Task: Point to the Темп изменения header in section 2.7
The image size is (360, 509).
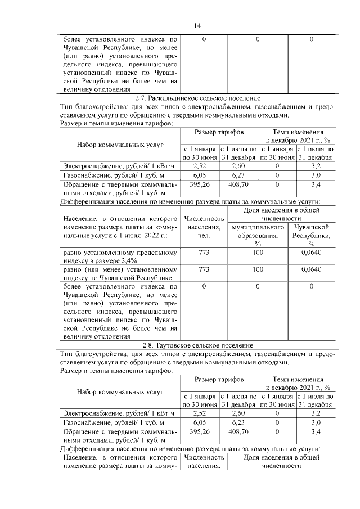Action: (295, 136)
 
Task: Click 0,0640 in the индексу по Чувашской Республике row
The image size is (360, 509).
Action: (312, 269)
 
